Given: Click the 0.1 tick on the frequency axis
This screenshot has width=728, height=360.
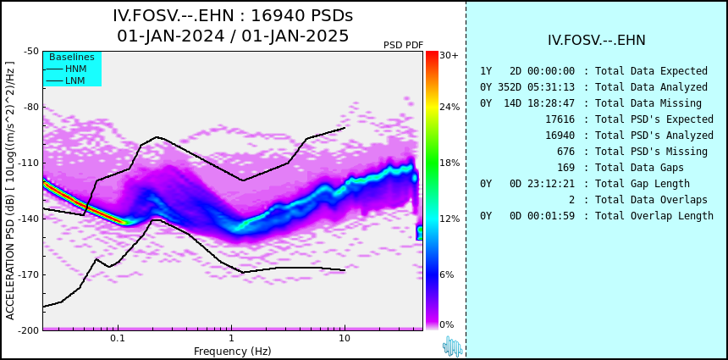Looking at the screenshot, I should pyautogui.click(x=118, y=339).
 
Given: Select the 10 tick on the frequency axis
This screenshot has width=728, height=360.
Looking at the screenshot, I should pyautogui.click(x=344, y=339).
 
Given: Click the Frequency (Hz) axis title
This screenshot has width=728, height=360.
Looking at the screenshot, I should pyautogui.click(x=233, y=351).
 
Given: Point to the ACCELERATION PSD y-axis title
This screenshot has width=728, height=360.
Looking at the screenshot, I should pyautogui.click(x=10, y=190).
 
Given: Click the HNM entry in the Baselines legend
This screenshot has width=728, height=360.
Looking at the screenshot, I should pyautogui.click(x=75, y=69).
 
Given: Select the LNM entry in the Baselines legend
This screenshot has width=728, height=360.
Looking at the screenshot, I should pyautogui.click(x=75, y=80).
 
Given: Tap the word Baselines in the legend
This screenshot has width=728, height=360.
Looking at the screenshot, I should pyautogui.click(x=71, y=57).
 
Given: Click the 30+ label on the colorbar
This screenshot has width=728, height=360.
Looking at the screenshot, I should pyautogui.click(x=449, y=56).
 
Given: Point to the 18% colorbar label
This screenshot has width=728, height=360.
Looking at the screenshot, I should pyautogui.click(x=449, y=163).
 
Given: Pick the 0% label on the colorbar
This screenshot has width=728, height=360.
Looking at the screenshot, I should pyautogui.click(x=446, y=324).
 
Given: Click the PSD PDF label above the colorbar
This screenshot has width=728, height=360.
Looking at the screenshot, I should pyautogui.click(x=403, y=45).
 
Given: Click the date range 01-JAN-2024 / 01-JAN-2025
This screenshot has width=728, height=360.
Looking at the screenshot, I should pyautogui.click(x=233, y=36).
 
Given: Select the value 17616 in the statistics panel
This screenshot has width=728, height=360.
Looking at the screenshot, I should pyautogui.click(x=560, y=119).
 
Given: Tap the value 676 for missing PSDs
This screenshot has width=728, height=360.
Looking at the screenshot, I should pyautogui.click(x=565, y=152).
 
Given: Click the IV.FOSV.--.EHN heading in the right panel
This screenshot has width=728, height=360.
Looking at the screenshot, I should pyautogui.click(x=597, y=41).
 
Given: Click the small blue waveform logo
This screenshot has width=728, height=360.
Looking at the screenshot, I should pyautogui.click(x=452, y=346).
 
